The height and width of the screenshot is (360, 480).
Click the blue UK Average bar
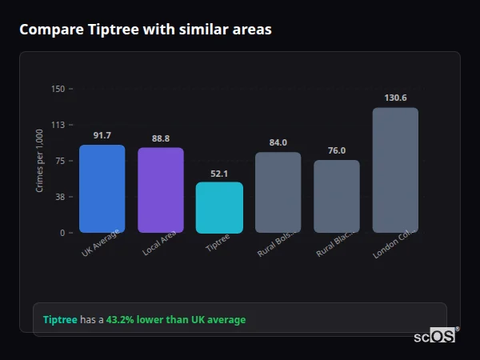click(102, 189)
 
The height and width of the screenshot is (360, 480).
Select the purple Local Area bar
click(161, 190)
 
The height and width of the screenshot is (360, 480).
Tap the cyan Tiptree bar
click(219, 207)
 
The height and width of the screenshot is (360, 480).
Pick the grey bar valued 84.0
click(278, 192)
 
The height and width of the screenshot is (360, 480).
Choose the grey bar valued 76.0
click(337, 196)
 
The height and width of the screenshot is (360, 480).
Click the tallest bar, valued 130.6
click(395, 170)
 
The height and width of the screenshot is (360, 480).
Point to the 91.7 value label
click(102, 135)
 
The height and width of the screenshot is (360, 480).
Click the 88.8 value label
click(161, 138)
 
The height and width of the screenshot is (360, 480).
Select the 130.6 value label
click(395, 98)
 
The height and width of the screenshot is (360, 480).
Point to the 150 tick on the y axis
click(58, 89)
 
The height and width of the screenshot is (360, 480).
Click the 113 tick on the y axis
click(58, 125)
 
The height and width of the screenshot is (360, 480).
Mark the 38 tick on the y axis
click(59, 197)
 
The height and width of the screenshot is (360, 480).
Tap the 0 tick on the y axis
click(62, 233)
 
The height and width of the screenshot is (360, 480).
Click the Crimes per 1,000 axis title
click(40, 161)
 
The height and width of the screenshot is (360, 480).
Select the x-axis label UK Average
click(101, 243)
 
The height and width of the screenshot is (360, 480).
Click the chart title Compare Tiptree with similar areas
click(145, 30)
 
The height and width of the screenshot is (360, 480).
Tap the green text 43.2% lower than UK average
click(176, 319)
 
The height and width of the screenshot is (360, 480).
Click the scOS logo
click(435, 336)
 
